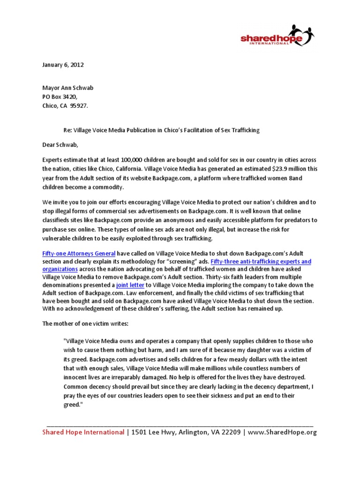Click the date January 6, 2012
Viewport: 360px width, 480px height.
[63, 65]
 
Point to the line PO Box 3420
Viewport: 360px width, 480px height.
[59, 97]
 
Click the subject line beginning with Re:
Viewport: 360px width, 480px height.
[161, 129]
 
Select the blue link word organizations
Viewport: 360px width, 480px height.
[60, 269]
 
